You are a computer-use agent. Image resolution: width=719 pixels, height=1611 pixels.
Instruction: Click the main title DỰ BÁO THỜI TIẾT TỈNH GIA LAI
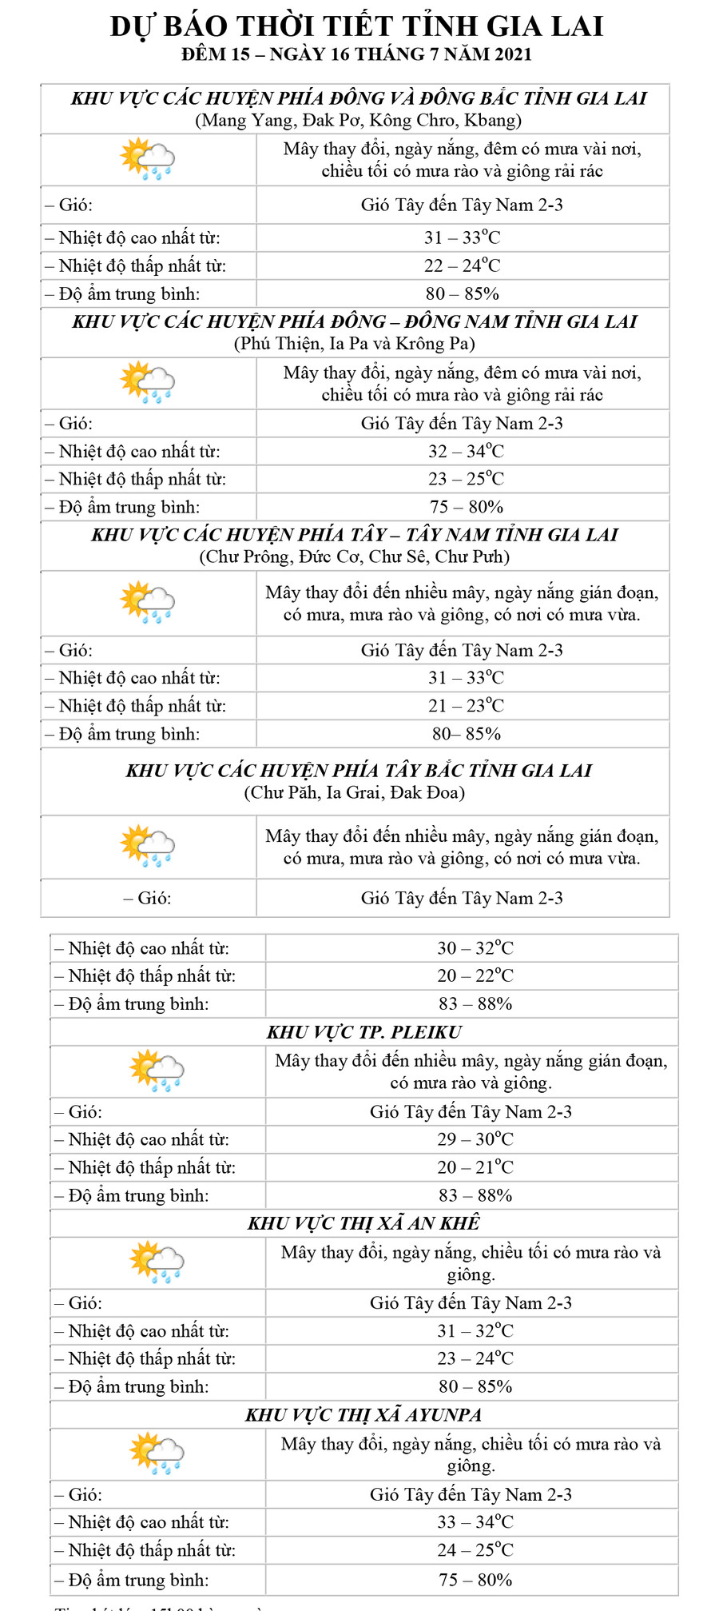[x=356, y=26]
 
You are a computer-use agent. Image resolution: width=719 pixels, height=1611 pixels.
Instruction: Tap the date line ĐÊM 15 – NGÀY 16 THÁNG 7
[x=356, y=54]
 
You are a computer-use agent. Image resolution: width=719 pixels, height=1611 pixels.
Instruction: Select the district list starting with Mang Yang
[x=358, y=120]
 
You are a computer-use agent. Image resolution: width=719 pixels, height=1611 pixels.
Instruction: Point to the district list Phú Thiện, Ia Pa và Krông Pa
[x=355, y=343]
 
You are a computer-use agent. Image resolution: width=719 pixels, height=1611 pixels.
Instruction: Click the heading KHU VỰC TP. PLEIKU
[x=364, y=1031]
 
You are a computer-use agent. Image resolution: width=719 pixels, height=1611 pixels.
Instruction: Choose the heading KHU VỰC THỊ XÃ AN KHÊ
[x=364, y=1223]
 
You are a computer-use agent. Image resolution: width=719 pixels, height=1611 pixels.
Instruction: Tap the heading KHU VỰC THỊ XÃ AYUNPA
[x=364, y=1414]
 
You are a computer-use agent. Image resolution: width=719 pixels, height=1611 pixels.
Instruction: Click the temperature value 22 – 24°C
[x=463, y=265]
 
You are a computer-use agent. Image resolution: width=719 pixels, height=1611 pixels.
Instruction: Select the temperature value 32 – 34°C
[x=466, y=451]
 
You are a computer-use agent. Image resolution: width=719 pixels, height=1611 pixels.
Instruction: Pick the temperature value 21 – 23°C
[x=466, y=705]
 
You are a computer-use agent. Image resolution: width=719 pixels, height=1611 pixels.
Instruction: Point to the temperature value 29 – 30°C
[x=475, y=1138]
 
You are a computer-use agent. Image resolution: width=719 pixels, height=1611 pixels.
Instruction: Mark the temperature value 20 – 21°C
[x=475, y=1166]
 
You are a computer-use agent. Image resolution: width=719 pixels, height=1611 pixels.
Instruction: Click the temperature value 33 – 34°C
[x=475, y=1521]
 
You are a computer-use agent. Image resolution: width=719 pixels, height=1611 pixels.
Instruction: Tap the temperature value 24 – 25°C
[x=475, y=1549]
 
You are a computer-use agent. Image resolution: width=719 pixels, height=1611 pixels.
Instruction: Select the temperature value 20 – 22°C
[x=475, y=975]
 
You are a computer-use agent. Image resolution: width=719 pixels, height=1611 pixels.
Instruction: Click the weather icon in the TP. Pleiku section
[x=157, y=1071]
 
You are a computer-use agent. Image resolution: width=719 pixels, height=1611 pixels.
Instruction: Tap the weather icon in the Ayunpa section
[x=157, y=1453]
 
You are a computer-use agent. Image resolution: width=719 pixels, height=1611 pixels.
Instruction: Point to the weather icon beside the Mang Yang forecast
[x=147, y=158]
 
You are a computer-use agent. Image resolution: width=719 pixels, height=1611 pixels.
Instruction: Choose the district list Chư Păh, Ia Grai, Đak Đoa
[x=355, y=792]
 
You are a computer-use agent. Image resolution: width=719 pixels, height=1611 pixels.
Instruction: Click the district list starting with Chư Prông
[x=355, y=556]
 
